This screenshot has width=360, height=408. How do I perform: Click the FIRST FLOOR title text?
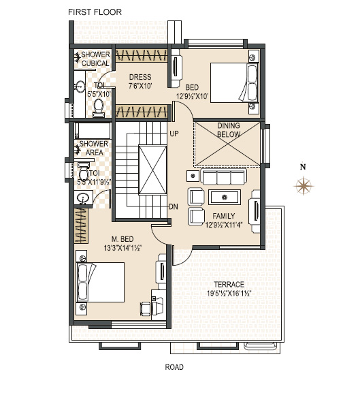(x=95, y=12)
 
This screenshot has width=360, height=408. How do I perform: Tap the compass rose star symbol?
(x=304, y=186)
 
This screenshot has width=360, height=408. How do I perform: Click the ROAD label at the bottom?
(x=174, y=367)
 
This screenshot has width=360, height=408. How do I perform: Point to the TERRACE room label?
(x=229, y=285)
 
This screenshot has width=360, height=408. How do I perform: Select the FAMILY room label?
(x=223, y=216)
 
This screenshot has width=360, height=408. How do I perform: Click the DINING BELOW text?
(x=229, y=130)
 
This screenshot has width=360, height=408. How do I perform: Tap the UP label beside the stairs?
(x=174, y=134)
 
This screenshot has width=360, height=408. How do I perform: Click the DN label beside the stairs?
(x=174, y=207)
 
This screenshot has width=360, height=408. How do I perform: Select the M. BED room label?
(x=122, y=239)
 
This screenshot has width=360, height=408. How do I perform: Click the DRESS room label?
(x=140, y=77)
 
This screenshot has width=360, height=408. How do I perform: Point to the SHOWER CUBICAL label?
(x=95, y=59)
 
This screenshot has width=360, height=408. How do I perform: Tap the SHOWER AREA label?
(x=94, y=148)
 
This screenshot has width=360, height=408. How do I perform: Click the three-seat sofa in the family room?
(x=224, y=177)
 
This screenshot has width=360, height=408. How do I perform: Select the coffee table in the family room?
(x=225, y=198)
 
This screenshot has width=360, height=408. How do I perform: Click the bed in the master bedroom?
(x=100, y=282)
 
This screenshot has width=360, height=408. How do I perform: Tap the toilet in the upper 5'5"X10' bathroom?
(x=99, y=108)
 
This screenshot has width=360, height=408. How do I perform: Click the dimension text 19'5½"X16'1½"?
(x=229, y=294)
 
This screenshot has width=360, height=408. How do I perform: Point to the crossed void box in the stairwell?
(x=152, y=170)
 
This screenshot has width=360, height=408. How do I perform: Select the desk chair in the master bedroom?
(x=146, y=309)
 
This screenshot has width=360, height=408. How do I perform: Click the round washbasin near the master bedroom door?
(x=83, y=198)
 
